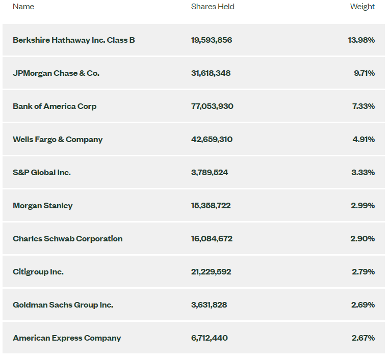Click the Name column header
click(23, 7)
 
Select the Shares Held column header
click(213, 7)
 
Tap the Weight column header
click(362, 7)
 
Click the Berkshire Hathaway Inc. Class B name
click(74, 40)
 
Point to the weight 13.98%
click(361, 40)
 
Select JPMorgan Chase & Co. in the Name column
click(56, 73)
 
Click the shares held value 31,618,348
click(211, 73)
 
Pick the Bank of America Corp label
click(55, 106)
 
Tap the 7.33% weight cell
click(364, 106)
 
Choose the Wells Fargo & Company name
click(58, 139)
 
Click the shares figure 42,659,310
click(212, 139)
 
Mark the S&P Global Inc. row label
click(42, 172)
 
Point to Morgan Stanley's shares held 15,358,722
click(211, 205)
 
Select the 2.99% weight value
click(363, 205)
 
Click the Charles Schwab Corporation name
click(68, 238)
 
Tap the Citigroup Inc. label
click(38, 271)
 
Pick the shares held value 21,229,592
click(211, 271)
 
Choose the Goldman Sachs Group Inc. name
click(63, 304)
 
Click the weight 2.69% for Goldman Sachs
click(363, 304)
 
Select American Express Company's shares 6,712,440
click(210, 338)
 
